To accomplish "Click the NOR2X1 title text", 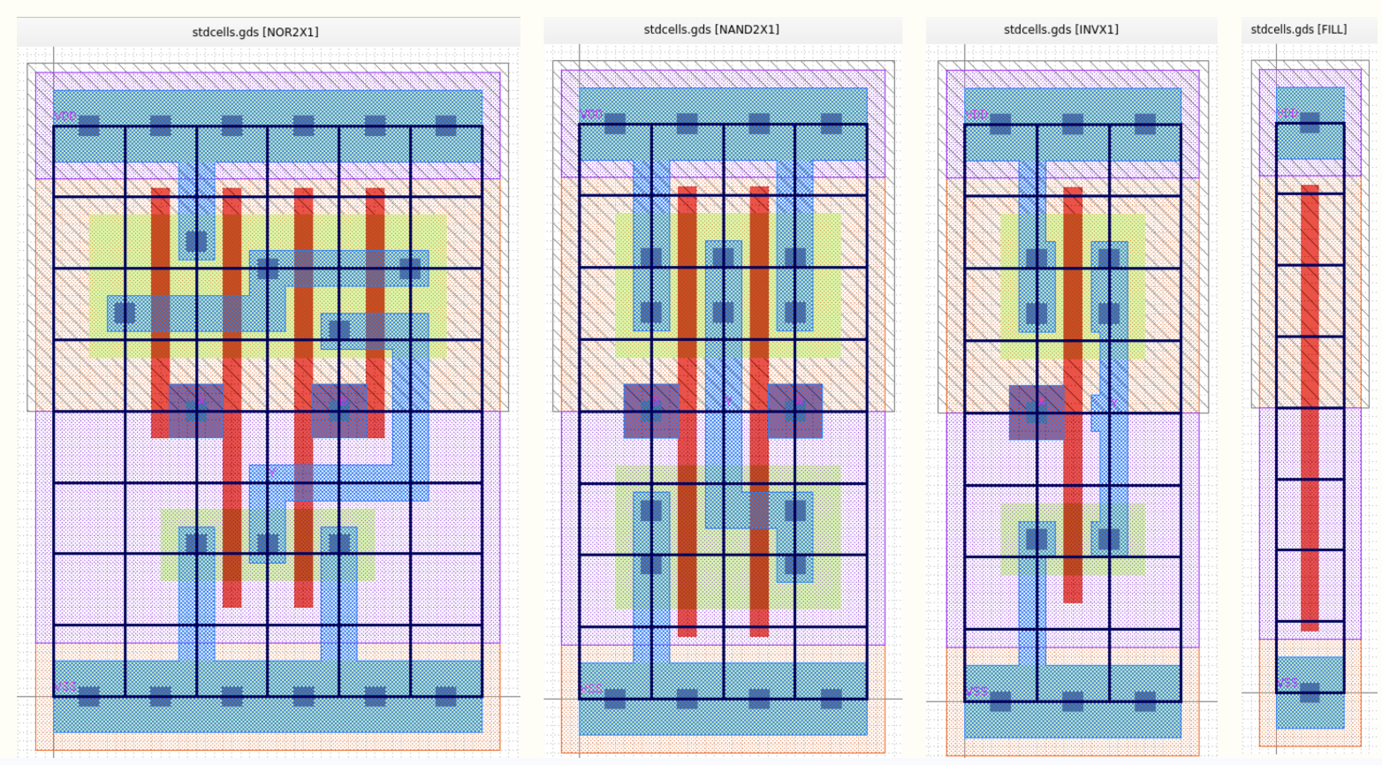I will point(255,32).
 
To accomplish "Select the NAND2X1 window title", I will point(710,29).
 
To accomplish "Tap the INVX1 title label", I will point(1060,29).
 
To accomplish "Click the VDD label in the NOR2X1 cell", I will point(65,116).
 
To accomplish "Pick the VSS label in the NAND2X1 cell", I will point(591,689).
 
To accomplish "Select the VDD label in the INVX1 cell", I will point(976,114).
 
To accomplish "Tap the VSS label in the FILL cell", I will point(1287,683).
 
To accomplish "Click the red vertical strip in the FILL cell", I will point(1310,406).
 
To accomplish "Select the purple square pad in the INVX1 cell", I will point(1036,413).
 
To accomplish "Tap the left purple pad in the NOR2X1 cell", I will point(195,411).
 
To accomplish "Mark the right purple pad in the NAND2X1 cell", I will point(795,411).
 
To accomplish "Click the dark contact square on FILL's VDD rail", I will point(1310,123).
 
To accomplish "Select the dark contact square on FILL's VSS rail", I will point(1310,693).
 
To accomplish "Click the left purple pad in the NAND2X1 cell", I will point(650,411).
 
